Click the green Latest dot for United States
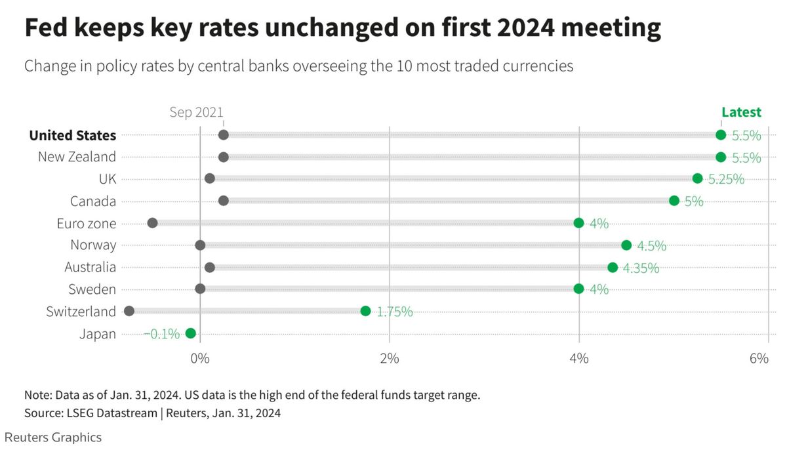(721, 135)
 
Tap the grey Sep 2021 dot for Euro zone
(152, 223)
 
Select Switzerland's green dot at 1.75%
(365, 311)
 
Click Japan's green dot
(190, 333)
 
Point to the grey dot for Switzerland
(129, 311)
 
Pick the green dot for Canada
(674, 201)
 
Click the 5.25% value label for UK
(726, 179)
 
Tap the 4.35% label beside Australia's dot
(641, 268)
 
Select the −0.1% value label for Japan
(162, 334)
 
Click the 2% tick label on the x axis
(390, 358)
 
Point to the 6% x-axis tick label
(759, 358)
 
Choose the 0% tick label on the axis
(200, 358)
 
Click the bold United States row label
(73, 135)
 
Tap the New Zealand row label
(77, 157)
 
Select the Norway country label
(93, 245)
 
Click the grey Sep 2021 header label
(196, 112)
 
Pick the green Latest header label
(741, 112)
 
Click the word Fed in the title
(46, 27)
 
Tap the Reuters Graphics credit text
(53, 437)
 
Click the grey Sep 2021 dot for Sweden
(200, 289)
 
